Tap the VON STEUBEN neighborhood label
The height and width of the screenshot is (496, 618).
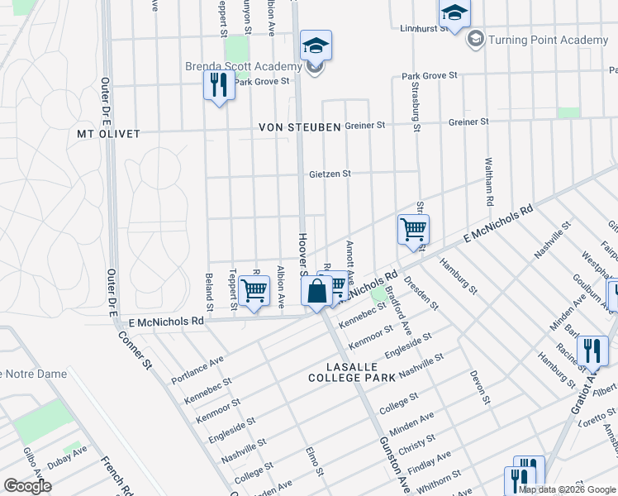299,127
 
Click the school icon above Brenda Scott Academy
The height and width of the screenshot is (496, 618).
316,45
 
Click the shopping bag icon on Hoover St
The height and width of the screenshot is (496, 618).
317,292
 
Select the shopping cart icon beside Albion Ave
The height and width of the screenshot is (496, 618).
254,291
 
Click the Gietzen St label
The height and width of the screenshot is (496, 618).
330,174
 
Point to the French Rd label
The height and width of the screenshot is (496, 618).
117,475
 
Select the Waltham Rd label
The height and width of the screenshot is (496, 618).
489,182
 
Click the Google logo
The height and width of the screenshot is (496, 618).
27,486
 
